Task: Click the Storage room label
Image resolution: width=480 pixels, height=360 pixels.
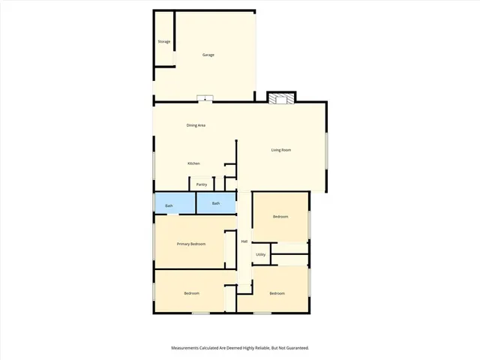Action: [163, 41]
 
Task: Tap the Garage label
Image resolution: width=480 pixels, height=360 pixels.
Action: [208, 55]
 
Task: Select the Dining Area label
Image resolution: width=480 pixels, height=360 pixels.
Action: [196, 125]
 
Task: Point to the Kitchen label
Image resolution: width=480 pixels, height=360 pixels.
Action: [193, 163]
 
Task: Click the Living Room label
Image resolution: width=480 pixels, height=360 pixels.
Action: [281, 150]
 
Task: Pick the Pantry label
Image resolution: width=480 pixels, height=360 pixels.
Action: [201, 184]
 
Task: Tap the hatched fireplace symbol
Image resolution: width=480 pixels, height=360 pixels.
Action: [281, 98]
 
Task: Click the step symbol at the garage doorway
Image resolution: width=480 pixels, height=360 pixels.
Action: [205, 97]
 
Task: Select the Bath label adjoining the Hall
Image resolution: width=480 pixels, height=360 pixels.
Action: [216, 203]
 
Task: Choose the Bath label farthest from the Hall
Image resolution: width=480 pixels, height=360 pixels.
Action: [169, 205]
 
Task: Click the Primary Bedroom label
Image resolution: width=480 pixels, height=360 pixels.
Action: [191, 244]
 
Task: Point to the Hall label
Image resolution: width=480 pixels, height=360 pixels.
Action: [244, 241]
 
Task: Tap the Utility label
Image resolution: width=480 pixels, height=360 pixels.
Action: [260, 255]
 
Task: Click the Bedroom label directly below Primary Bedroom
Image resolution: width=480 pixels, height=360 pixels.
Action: [191, 292]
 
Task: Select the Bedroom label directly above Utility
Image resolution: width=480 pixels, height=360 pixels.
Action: [280, 217]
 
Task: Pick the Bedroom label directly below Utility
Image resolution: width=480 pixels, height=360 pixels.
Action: [277, 293]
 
